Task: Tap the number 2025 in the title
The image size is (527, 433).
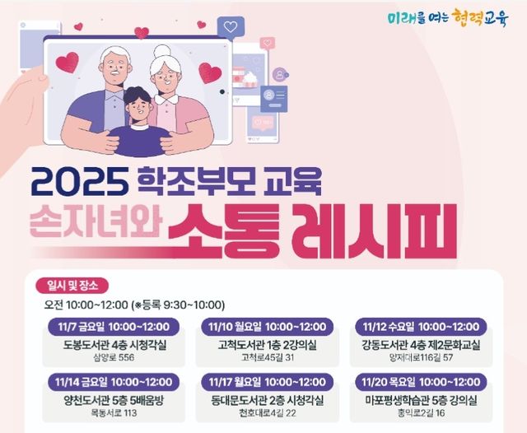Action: pos(79,179)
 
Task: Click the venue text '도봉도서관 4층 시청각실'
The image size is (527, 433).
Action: pos(113,344)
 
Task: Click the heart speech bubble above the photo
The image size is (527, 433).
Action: pos(231,27)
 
